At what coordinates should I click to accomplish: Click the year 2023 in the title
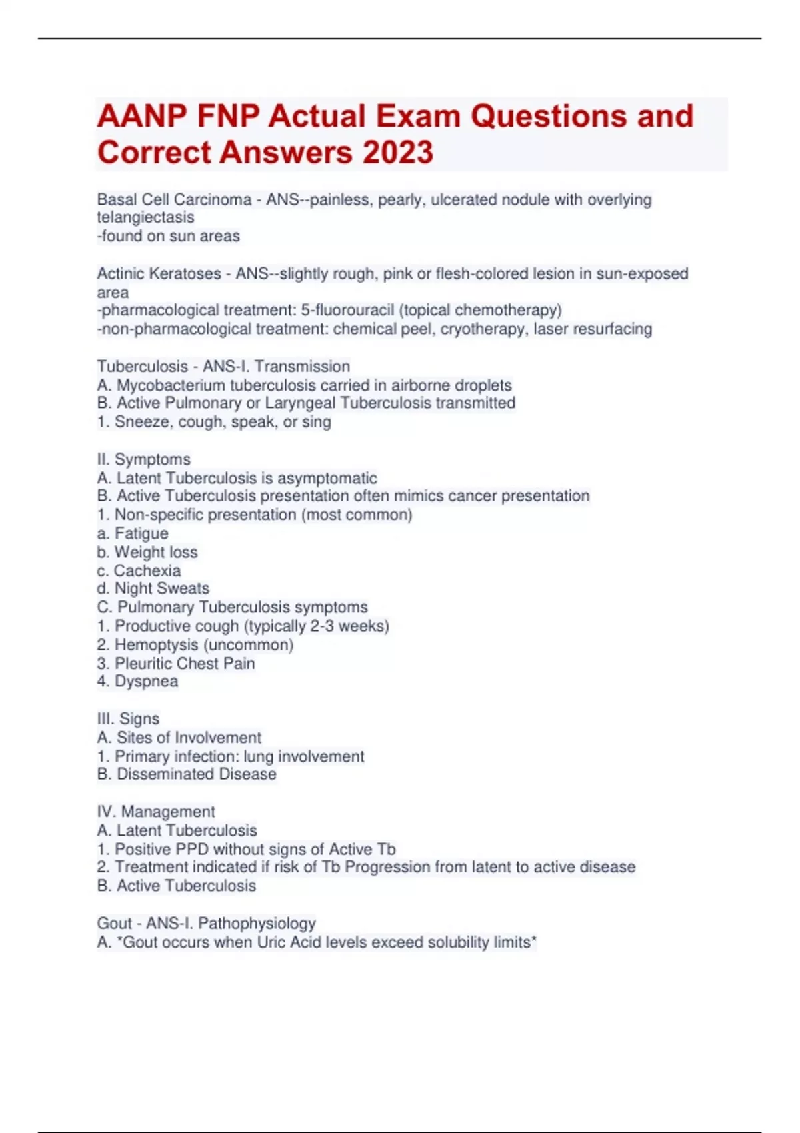(x=398, y=152)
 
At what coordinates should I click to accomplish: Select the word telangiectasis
(x=145, y=217)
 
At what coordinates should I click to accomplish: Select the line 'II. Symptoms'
(x=143, y=459)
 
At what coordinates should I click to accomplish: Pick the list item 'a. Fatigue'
(x=132, y=533)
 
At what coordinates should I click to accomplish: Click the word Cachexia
(x=147, y=570)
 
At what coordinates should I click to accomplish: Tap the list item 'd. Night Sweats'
(x=153, y=588)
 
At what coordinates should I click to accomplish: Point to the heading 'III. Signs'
(x=128, y=718)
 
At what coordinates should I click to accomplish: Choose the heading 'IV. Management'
(x=155, y=812)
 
